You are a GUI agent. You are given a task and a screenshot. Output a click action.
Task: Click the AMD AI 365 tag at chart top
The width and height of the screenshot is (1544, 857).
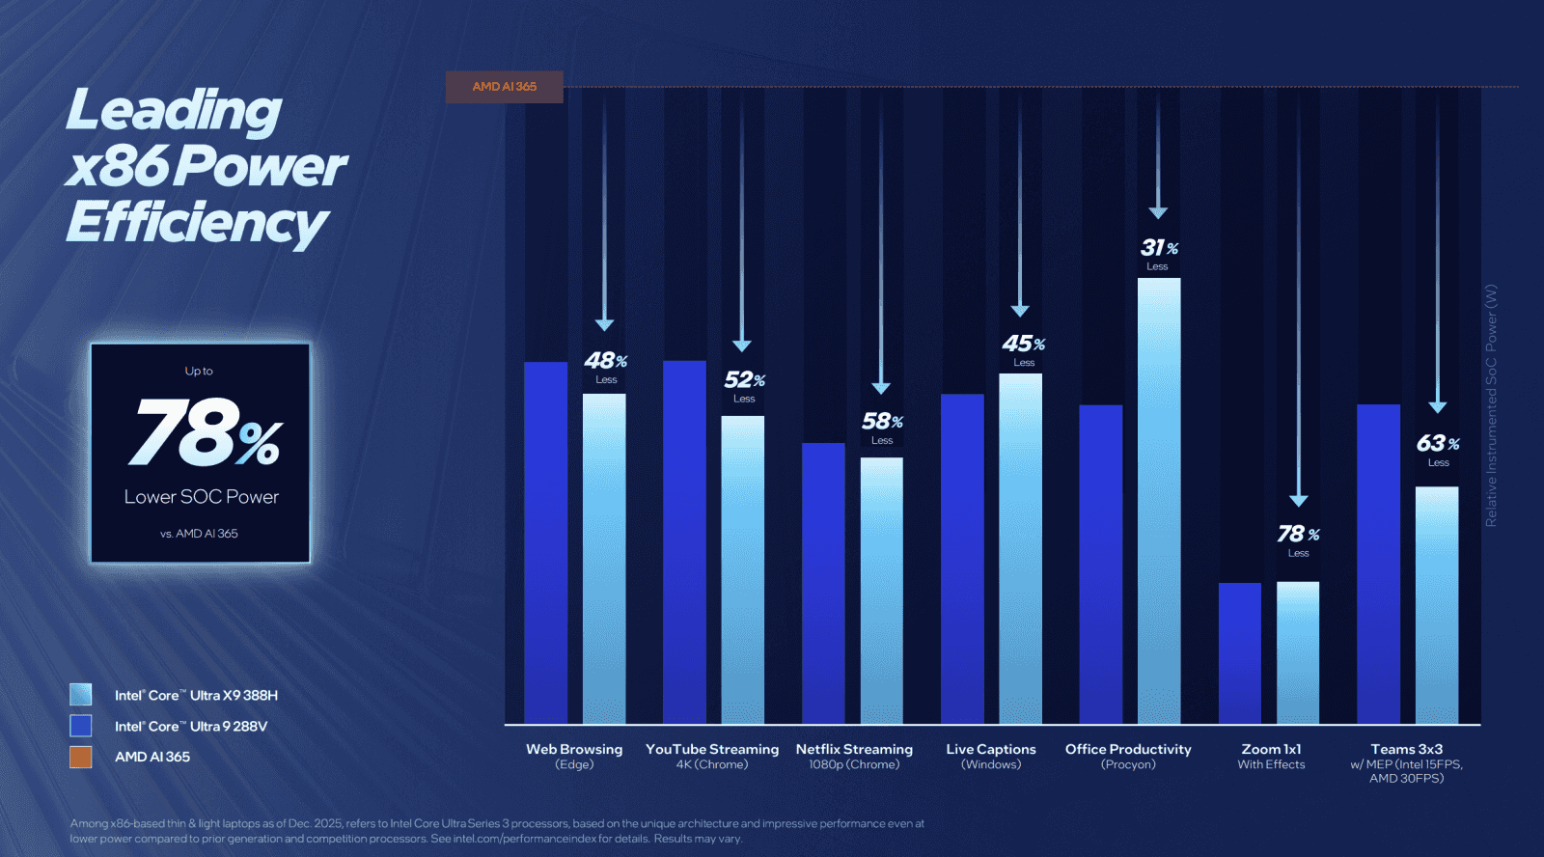pyautogui.click(x=504, y=87)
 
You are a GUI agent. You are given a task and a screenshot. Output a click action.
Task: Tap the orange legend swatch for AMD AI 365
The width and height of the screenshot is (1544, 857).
pyautogui.click(x=81, y=757)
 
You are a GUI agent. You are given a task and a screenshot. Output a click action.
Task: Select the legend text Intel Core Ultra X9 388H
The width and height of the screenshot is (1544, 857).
pyautogui.click(x=196, y=695)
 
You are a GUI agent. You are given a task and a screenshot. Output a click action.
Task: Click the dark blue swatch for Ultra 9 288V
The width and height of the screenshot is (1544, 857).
pyautogui.click(x=81, y=726)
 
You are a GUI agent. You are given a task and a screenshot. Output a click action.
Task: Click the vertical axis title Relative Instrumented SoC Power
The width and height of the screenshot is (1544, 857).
pyautogui.click(x=1491, y=405)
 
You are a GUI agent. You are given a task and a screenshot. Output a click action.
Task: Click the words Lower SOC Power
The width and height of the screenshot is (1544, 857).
pyautogui.click(x=201, y=497)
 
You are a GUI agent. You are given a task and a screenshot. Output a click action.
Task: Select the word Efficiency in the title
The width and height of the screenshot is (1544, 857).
pyautogui.click(x=198, y=223)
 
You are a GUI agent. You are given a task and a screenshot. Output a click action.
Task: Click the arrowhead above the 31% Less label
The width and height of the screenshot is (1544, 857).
pyautogui.click(x=1158, y=212)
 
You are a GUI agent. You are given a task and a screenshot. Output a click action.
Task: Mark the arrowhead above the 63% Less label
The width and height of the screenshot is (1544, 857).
pyautogui.click(x=1437, y=407)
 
